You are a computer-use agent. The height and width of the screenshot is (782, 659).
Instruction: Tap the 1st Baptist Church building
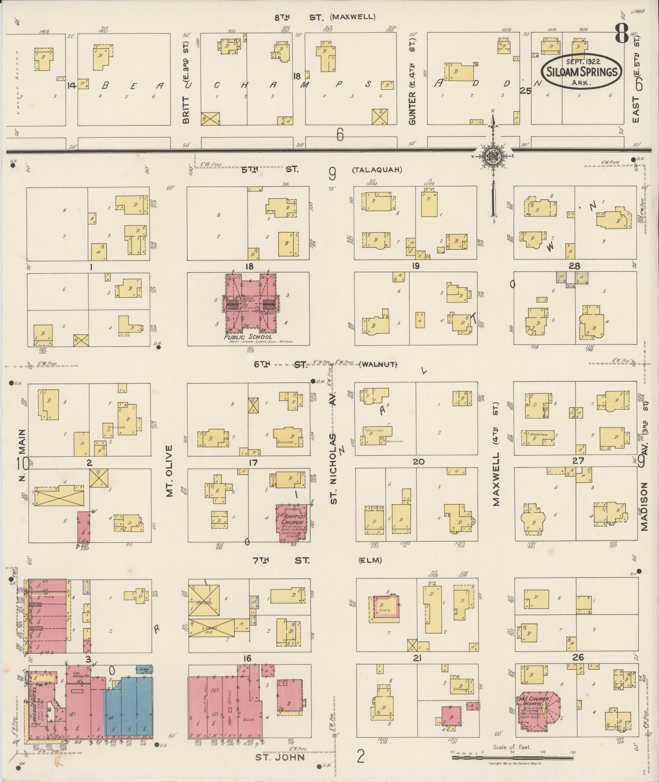tap(292, 522)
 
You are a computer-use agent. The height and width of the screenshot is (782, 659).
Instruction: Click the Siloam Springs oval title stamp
tap(581, 72)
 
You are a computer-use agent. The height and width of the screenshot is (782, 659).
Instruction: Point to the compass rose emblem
tap(493, 156)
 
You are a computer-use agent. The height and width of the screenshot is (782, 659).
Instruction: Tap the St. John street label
tap(280, 757)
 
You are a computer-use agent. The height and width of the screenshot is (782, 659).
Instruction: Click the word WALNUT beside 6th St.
tap(378, 364)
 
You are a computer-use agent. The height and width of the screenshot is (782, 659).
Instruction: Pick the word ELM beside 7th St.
tap(371, 560)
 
